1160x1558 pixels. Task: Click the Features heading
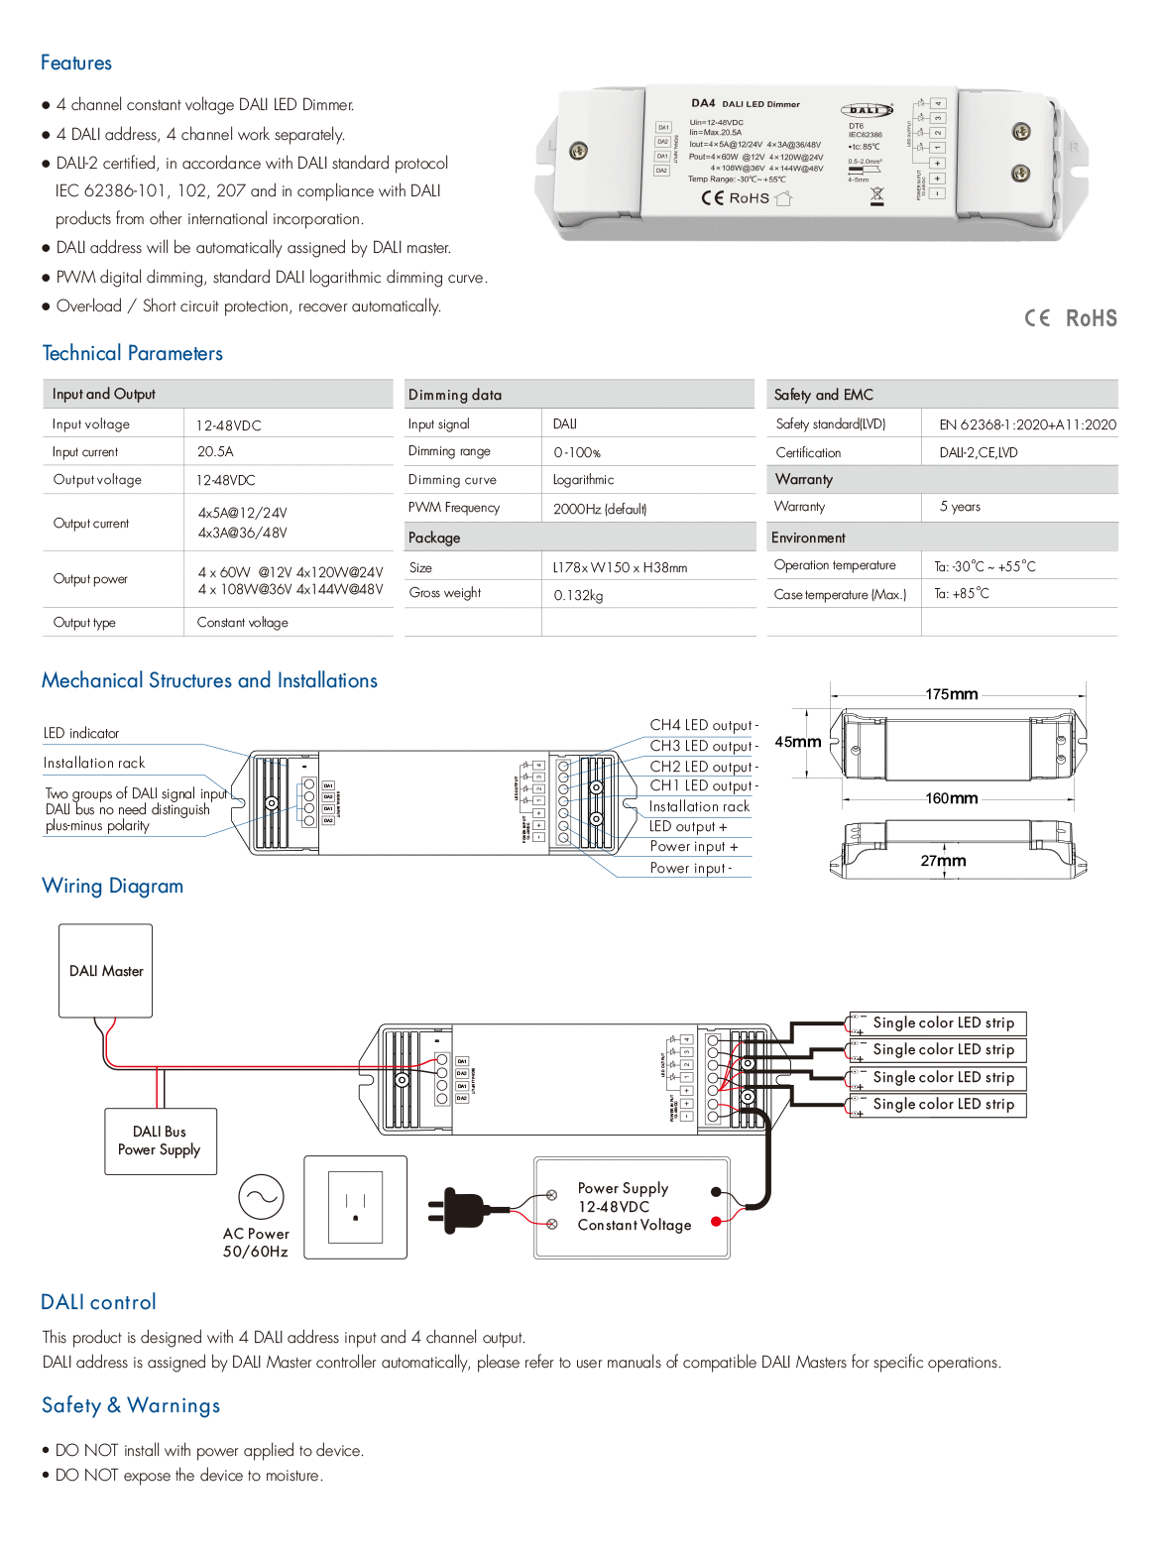[76, 63]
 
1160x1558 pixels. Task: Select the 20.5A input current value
[215, 451]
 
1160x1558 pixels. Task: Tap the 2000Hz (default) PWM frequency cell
[600, 509]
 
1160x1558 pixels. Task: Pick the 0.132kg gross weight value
[578, 595]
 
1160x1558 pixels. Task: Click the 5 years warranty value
[960, 507]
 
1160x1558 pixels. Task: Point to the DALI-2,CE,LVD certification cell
[979, 452]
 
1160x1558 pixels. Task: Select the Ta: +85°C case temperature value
[962, 594]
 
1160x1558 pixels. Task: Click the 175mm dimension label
[951, 694]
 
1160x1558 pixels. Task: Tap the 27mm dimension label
[942, 861]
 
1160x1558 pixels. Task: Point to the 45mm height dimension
[797, 742]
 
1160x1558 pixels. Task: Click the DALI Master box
[106, 971]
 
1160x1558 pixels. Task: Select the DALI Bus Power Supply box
[160, 1141]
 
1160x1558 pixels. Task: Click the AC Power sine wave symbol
[261, 1197]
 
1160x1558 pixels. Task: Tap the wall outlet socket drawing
[355, 1207]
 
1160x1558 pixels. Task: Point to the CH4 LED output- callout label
[703, 725]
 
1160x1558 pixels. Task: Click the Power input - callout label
[690, 868]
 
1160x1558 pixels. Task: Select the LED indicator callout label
[81, 734]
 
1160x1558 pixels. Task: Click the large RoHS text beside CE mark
[1091, 318]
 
